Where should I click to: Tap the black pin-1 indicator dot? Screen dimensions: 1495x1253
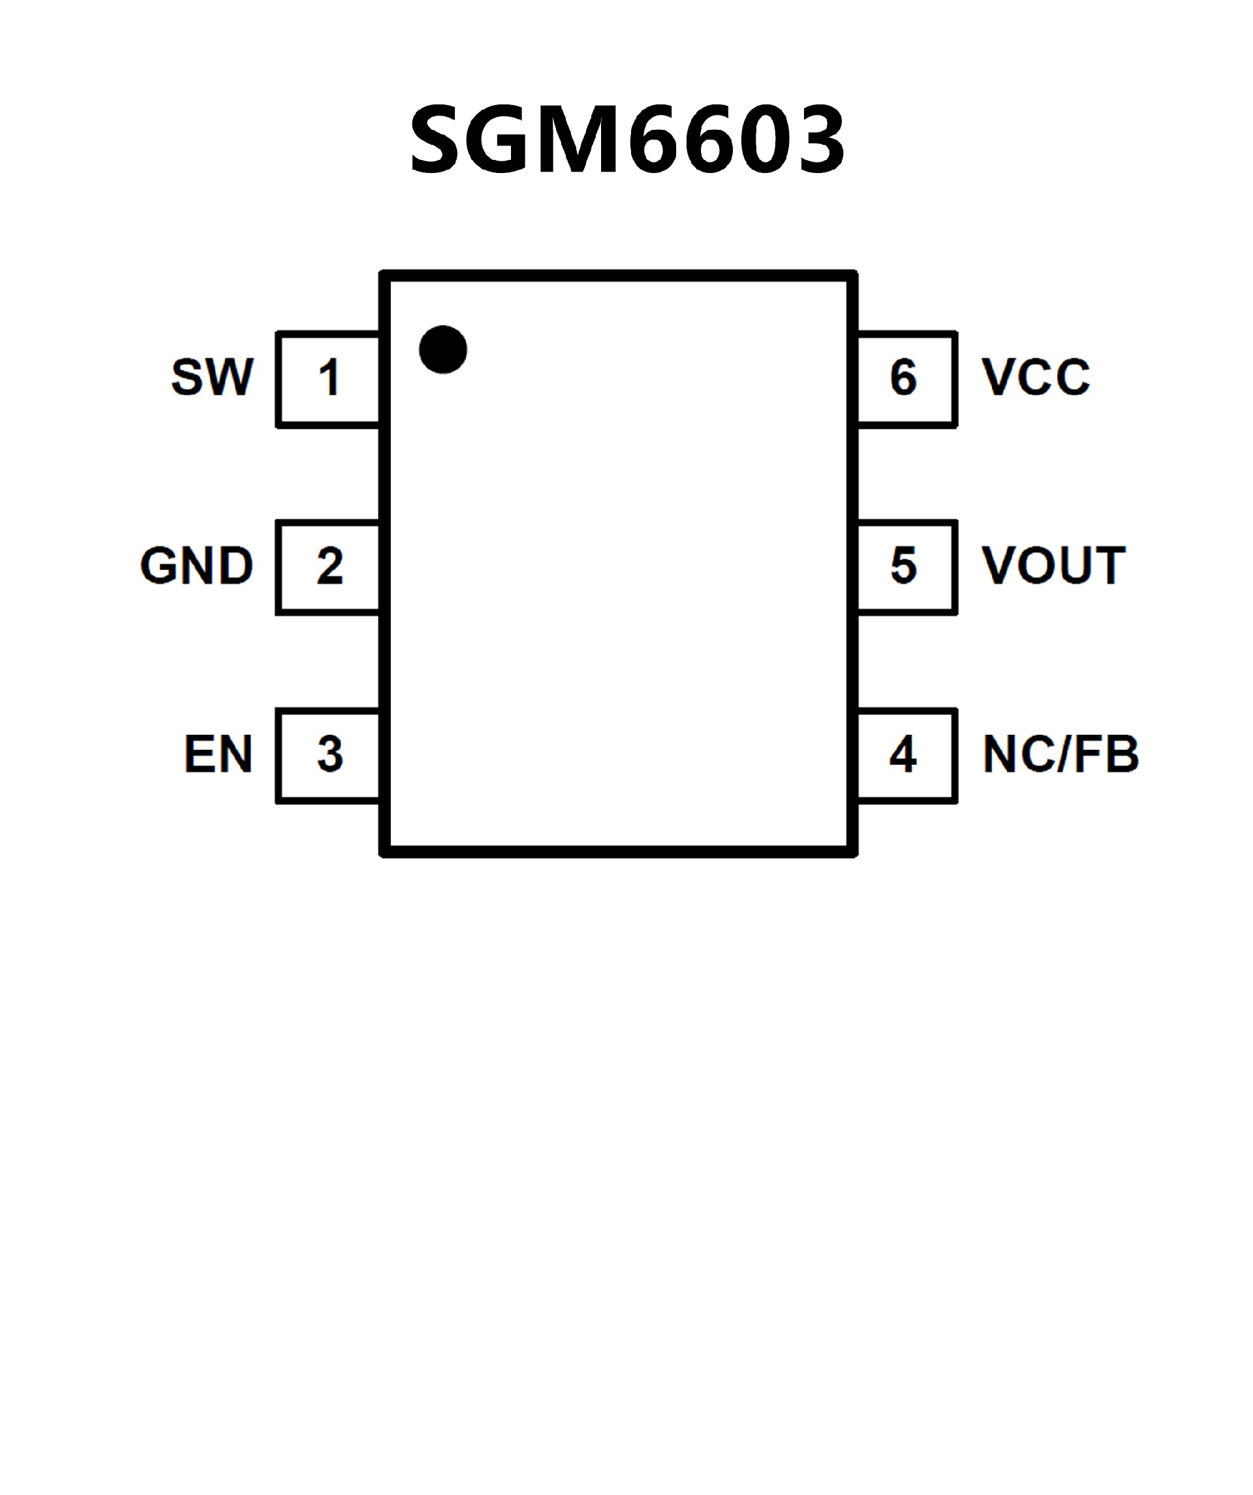click(443, 350)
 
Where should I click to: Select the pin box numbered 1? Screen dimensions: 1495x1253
click(328, 378)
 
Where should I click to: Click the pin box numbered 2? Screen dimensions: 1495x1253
click(328, 567)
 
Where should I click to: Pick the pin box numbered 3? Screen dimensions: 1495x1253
click(328, 756)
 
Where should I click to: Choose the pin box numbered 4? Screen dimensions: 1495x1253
click(906, 756)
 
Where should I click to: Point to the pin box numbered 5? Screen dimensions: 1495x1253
click(906, 567)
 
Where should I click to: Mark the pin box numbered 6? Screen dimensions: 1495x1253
click(906, 378)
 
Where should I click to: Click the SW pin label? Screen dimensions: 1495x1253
click(212, 377)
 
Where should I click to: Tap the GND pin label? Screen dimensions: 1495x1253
click(196, 566)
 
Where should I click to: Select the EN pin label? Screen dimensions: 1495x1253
click(218, 754)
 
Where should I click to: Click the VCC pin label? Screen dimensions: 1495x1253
click(1036, 377)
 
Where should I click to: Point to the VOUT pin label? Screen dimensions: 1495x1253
click(1054, 566)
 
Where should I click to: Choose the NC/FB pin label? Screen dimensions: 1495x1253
click(1060, 754)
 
